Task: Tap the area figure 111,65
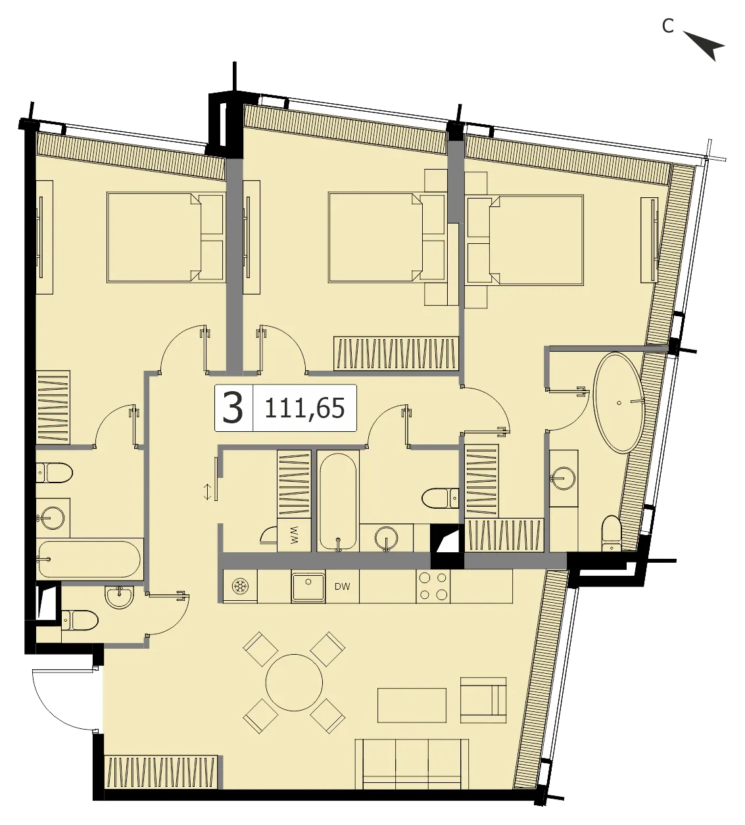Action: click(x=304, y=408)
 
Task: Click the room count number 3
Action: click(x=233, y=408)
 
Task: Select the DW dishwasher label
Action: click(x=343, y=587)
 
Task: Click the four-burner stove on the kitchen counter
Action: click(x=433, y=586)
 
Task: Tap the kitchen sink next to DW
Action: click(x=308, y=586)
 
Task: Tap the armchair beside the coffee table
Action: click(x=483, y=700)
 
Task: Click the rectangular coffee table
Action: click(x=412, y=705)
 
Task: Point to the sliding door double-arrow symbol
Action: click(x=208, y=492)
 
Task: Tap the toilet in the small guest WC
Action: click(x=80, y=620)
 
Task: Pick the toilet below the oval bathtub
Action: click(x=612, y=533)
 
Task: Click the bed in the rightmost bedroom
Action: click(x=525, y=240)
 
